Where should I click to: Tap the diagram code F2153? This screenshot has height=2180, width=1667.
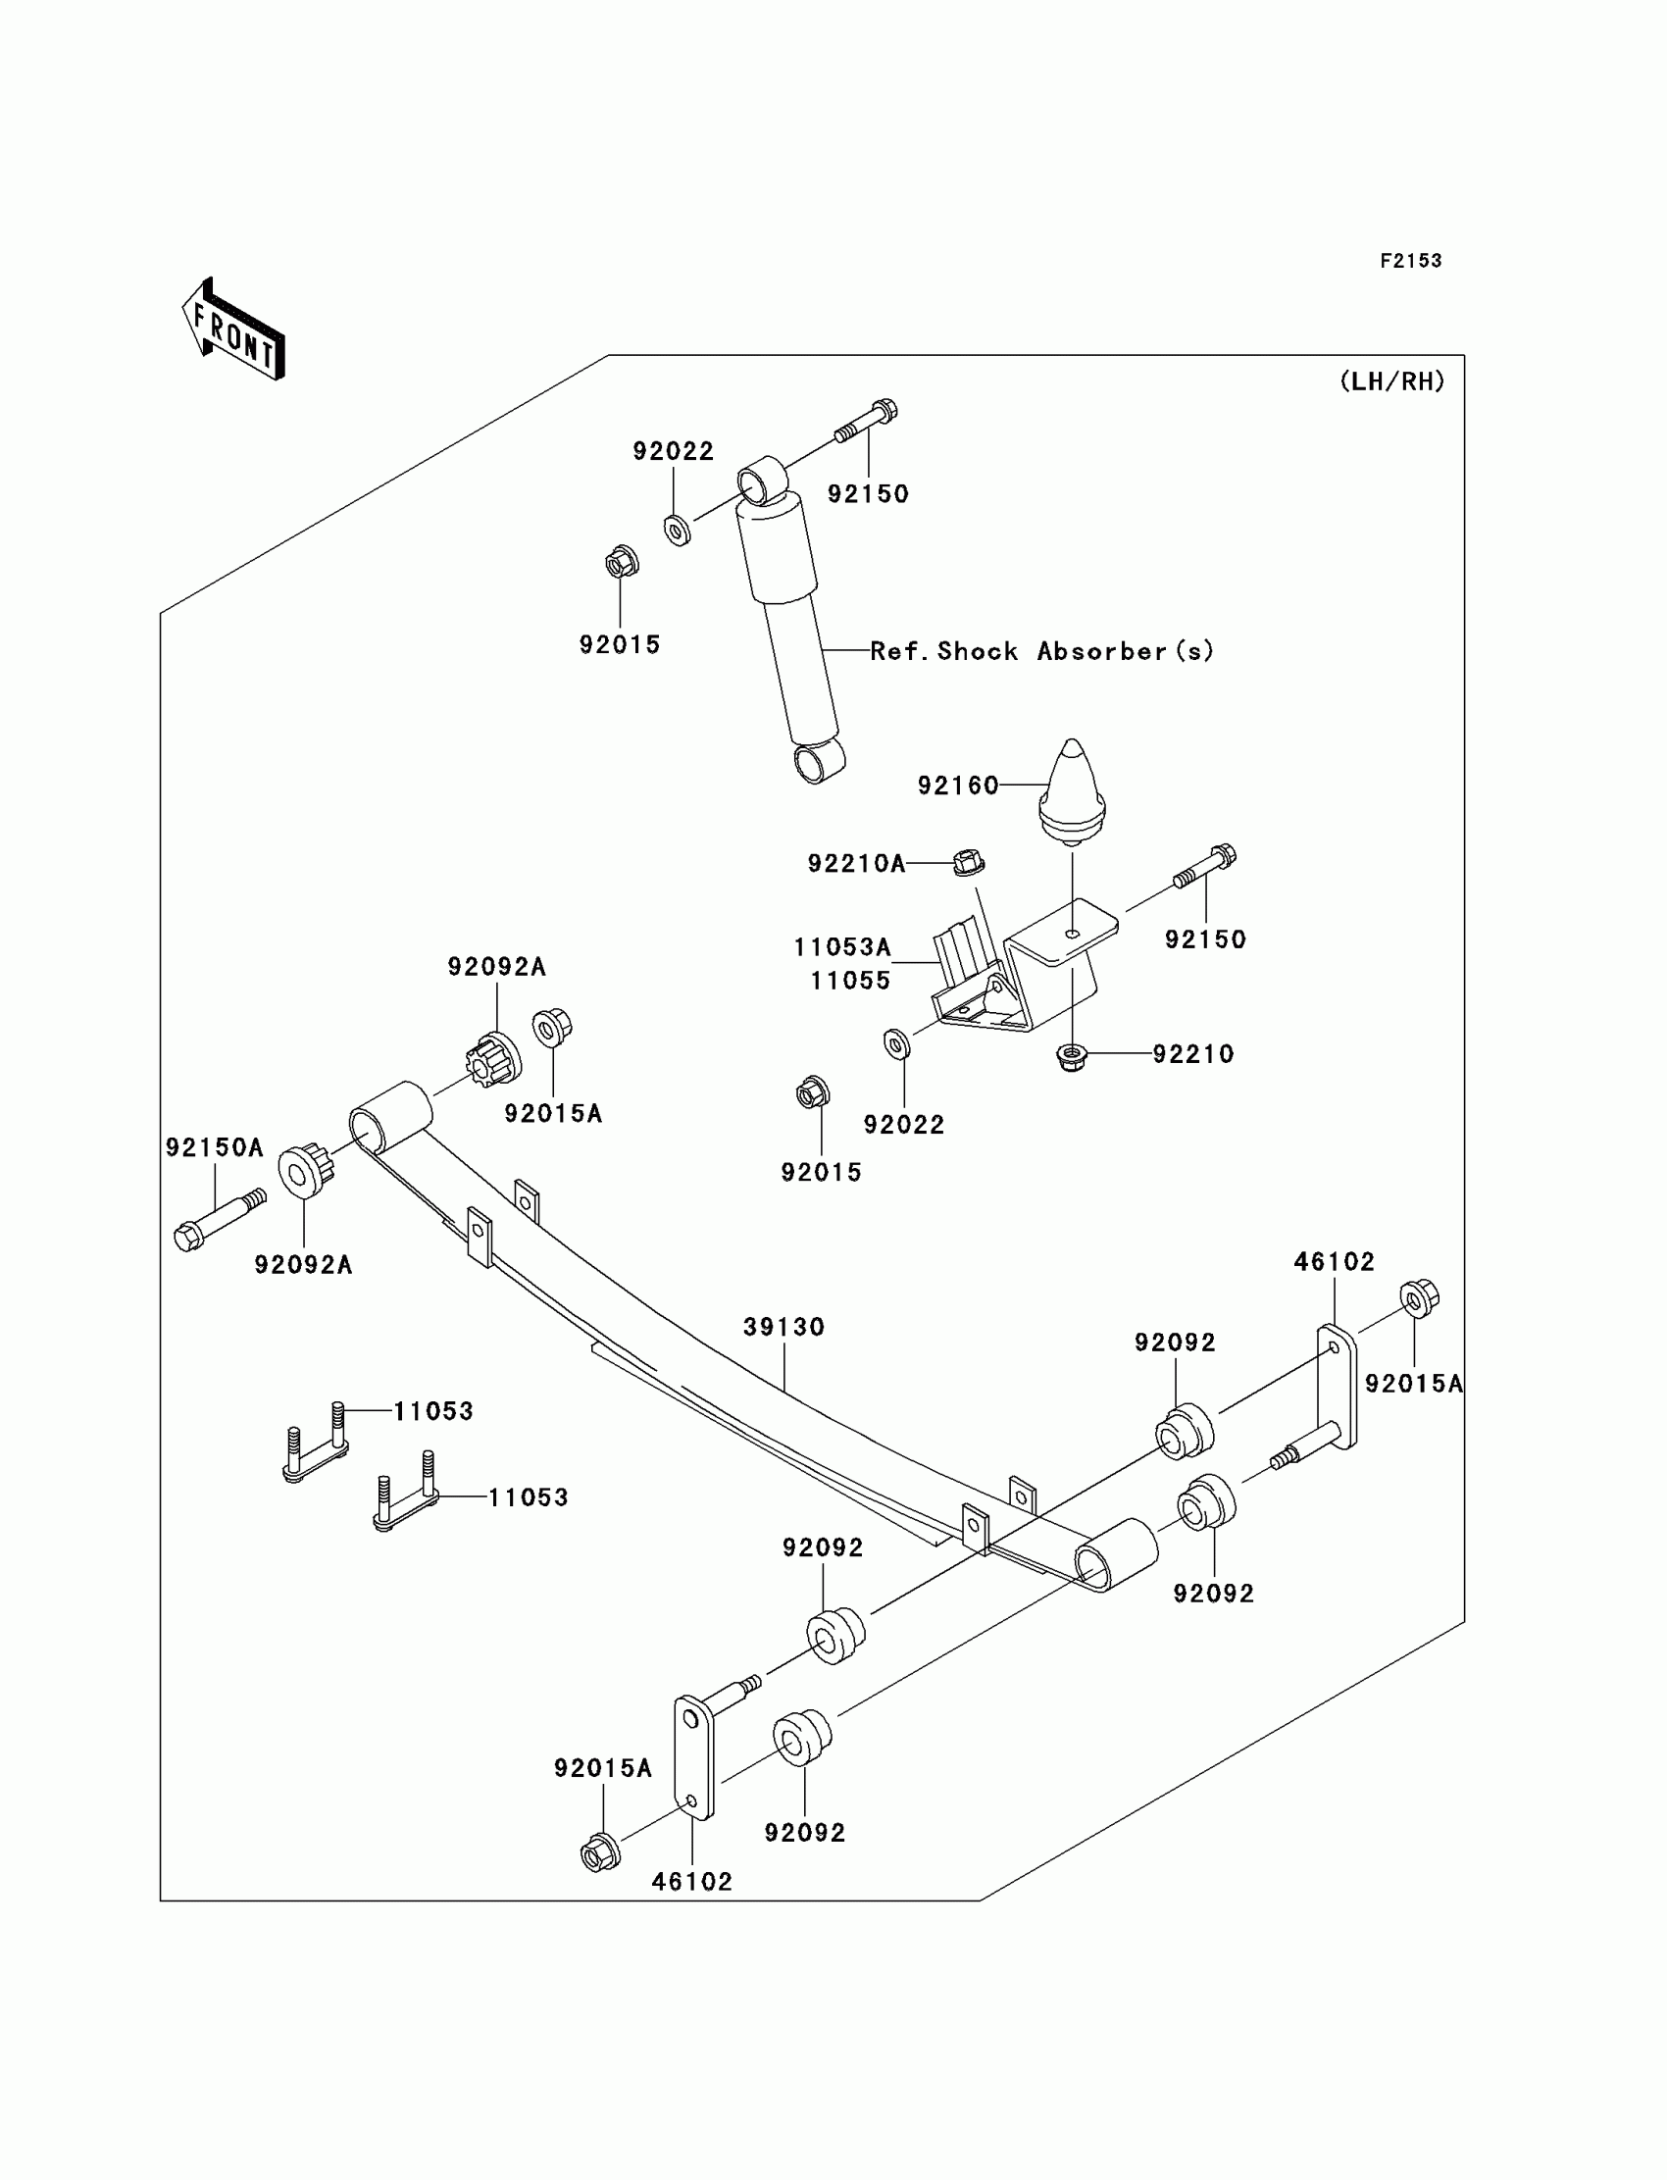click(1410, 261)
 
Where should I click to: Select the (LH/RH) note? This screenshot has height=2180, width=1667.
click(1392, 382)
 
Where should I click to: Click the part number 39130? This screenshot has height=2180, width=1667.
click(783, 1327)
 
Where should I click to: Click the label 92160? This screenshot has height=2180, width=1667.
click(957, 786)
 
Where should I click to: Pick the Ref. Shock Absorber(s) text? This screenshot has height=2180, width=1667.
click(1041, 652)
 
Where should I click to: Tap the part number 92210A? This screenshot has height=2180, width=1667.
click(856, 864)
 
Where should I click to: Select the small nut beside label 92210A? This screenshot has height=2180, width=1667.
click(969, 862)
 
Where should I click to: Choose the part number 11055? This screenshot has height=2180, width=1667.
click(850, 982)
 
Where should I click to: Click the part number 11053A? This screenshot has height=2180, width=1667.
click(841, 947)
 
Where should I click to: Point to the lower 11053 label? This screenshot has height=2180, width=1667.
click(528, 1497)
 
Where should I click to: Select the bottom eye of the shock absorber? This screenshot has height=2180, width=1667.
click(819, 762)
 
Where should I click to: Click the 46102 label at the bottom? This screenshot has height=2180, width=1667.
click(691, 1881)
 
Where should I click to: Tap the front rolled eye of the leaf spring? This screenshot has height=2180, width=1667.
click(390, 1119)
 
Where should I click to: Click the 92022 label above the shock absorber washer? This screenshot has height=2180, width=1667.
click(673, 451)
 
